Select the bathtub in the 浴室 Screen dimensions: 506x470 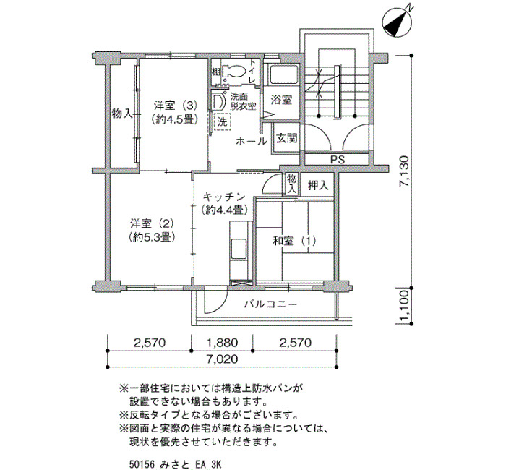(283, 75)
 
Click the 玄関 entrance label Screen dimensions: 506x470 (286, 139)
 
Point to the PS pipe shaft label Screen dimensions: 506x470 (338, 160)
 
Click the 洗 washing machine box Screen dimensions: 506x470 (223, 122)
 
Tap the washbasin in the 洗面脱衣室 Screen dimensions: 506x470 (219, 101)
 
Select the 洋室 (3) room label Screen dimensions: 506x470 (175, 106)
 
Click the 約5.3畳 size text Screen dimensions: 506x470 (152, 238)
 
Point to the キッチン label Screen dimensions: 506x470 (224, 196)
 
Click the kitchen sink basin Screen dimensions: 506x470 (239, 249)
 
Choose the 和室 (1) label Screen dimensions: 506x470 (294, 241)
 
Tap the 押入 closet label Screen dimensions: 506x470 (318, 185)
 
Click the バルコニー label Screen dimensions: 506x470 (270, 304)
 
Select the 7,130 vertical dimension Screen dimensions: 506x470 (403, 171)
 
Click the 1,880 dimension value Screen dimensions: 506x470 (223, 343)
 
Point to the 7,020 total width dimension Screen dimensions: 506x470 (223, 359)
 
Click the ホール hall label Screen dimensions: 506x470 (252, 141)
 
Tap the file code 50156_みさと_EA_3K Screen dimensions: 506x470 (175, 464)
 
